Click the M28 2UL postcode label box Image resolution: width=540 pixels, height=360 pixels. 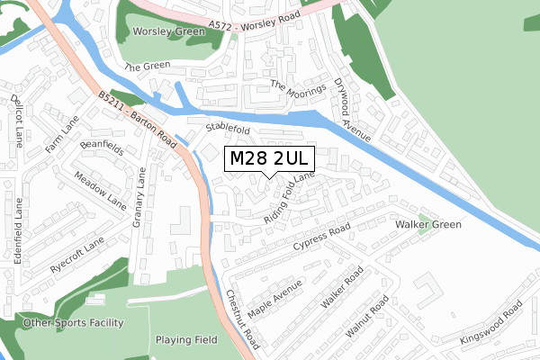269,158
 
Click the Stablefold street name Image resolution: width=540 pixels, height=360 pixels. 228,130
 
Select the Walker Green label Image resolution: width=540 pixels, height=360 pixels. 427,224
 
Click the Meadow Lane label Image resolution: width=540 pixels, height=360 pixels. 100,190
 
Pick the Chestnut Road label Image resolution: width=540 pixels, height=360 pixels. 242,319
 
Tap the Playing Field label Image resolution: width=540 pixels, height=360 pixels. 185,340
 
